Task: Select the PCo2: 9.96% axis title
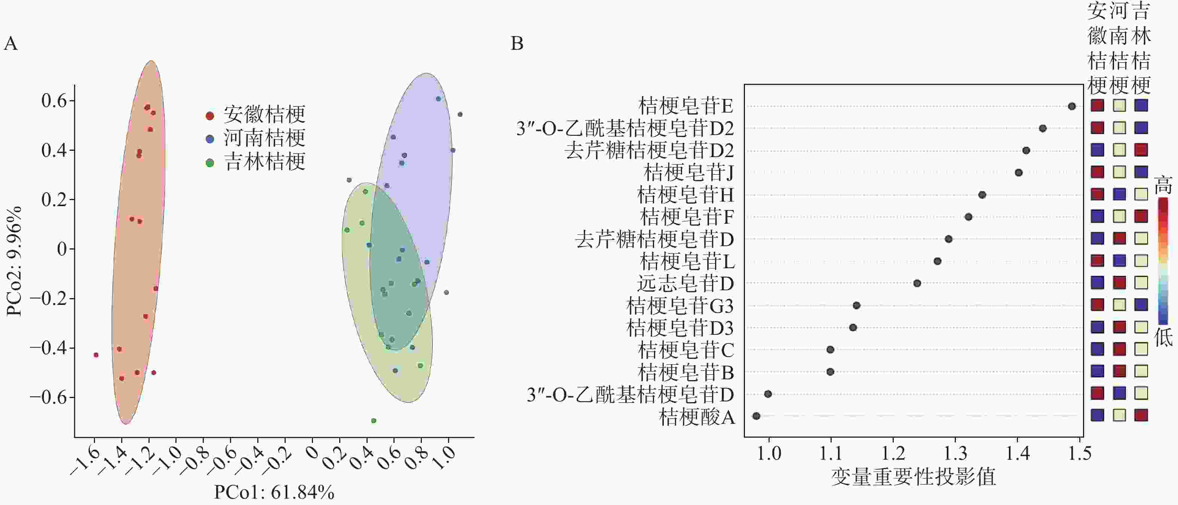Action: click(x=14, y=261)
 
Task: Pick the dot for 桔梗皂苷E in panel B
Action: click(x=1072, y=107)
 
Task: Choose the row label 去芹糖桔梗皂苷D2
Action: click(x=649, y=150)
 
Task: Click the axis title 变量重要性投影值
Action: click(x=913, y=477)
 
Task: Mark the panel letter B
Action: click(x=517, y=44)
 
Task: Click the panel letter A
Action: click(x=10, y=44)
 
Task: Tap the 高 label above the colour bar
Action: click(x=1163, y=185)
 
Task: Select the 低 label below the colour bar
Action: click(x=1163, y=337)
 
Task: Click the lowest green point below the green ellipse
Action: click(x=374, y=421)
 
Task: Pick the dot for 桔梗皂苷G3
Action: click(x=856, y=306)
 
